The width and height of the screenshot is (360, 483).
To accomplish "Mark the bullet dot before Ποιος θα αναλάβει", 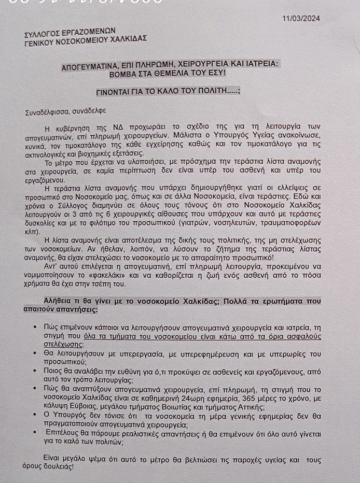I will [34, 371].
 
